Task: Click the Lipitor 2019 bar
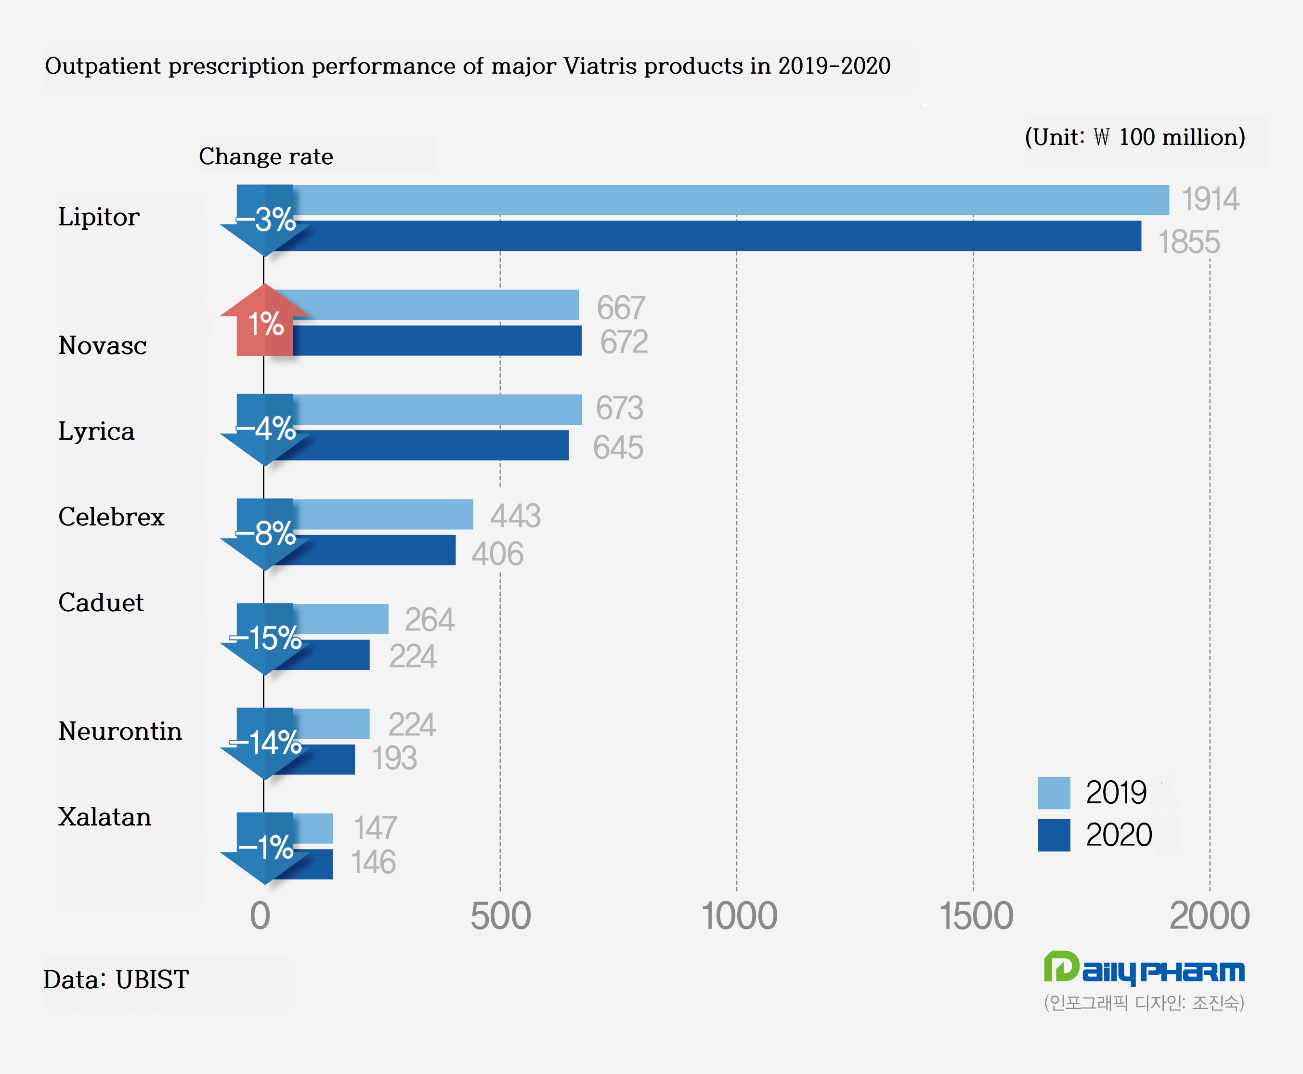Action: [730, 200]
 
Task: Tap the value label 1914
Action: [1210, 200]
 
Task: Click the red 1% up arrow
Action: [265, 322]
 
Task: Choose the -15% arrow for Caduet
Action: [265, 638]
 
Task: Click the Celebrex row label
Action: [111, 517]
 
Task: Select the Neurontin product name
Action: [120, 731]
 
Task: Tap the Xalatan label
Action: [104, 817]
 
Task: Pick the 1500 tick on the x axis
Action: [976, 916]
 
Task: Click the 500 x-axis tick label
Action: [500, 916]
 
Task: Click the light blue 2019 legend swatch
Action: [1054, 793]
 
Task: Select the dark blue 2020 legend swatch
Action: [1054, 835]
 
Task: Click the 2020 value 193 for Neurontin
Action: [394, 759]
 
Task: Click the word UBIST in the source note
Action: [152, 979]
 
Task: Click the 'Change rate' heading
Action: [266, 157]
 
